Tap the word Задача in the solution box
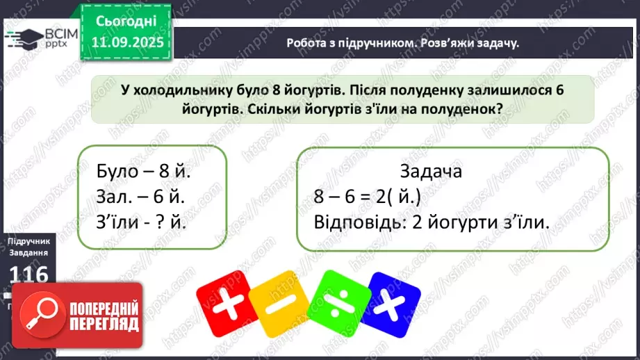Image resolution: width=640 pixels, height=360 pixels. tap(432, 170)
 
